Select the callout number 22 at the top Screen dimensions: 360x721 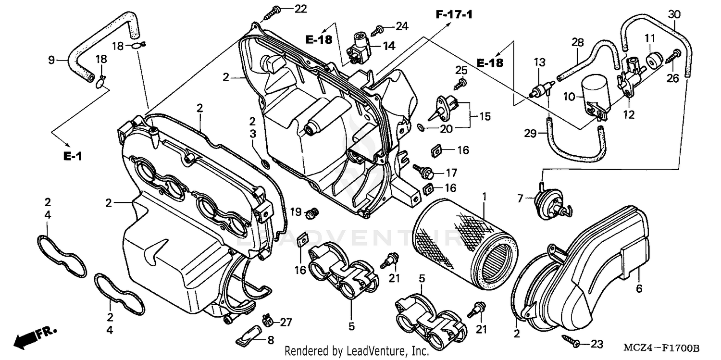[300, 9]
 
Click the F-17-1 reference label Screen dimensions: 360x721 [454, 15]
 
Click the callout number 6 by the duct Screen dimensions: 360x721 [639, 289]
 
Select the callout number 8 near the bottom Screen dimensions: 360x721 [270, 340]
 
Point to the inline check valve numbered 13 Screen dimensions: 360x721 [540, 89]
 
